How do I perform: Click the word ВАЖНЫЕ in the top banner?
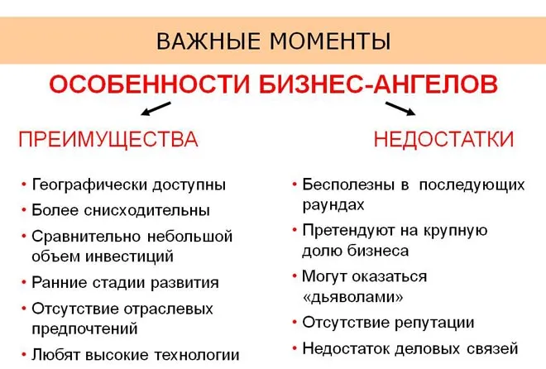(208, 41)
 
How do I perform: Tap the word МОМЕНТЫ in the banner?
(330, 41)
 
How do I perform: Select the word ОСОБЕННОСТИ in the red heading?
(150, 84)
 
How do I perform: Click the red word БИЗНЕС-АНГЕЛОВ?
(379, 84)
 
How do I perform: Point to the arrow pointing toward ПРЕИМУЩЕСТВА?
(156, 108)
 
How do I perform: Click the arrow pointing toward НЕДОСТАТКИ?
(400, 108)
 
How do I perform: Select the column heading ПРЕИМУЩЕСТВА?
(108, 139)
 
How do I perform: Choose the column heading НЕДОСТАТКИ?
(443, 139)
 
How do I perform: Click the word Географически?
(89, 184)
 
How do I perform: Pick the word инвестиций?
(129, 257)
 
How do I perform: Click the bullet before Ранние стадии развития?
(24, 282)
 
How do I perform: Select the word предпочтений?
(84, 329)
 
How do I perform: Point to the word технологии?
(197, 355)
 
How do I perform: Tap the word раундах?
(333, 205)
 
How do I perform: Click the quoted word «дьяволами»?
(352, 297)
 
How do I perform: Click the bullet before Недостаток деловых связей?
(295, 348)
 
